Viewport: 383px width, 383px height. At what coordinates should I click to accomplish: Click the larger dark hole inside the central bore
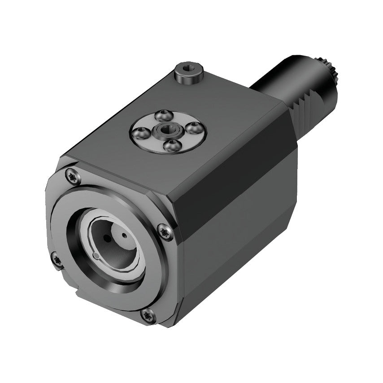[x=106, y=237]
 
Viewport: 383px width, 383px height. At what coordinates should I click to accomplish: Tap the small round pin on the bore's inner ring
[x=96, y=256]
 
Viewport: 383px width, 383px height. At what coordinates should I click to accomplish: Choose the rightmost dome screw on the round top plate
[x=194, y=128]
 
